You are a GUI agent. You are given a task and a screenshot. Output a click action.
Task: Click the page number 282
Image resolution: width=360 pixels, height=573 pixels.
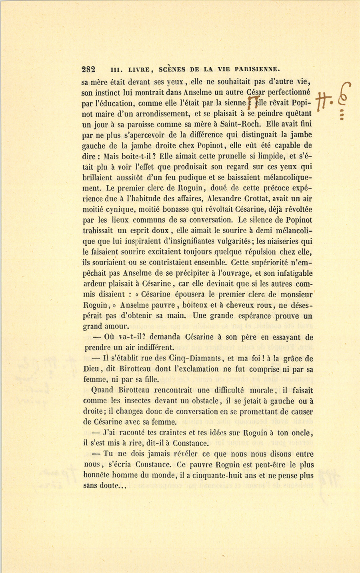tap(88, 68)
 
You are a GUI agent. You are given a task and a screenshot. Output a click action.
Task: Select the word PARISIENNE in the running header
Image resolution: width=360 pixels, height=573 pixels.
tap(252, 68)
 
